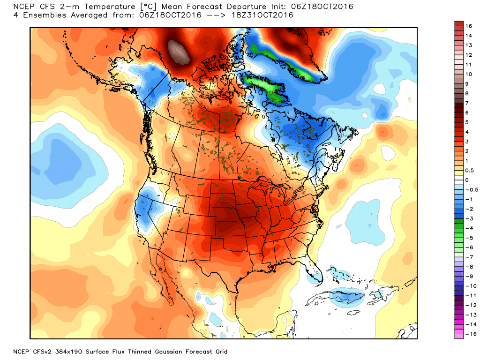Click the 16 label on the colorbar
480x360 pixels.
(468, 26)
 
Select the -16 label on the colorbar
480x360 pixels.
(467, 334)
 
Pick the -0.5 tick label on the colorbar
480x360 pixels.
(470, 190)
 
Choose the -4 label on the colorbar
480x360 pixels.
(467, 228)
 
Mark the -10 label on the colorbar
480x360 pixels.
(467, 286)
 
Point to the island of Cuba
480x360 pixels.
(347, 295)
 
